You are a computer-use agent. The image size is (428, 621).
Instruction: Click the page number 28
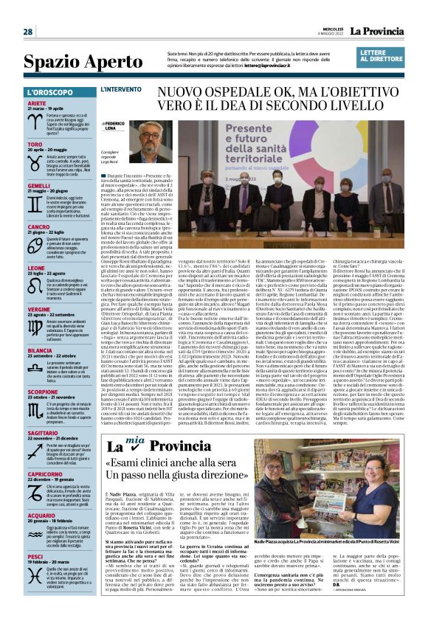pos(28,32)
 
